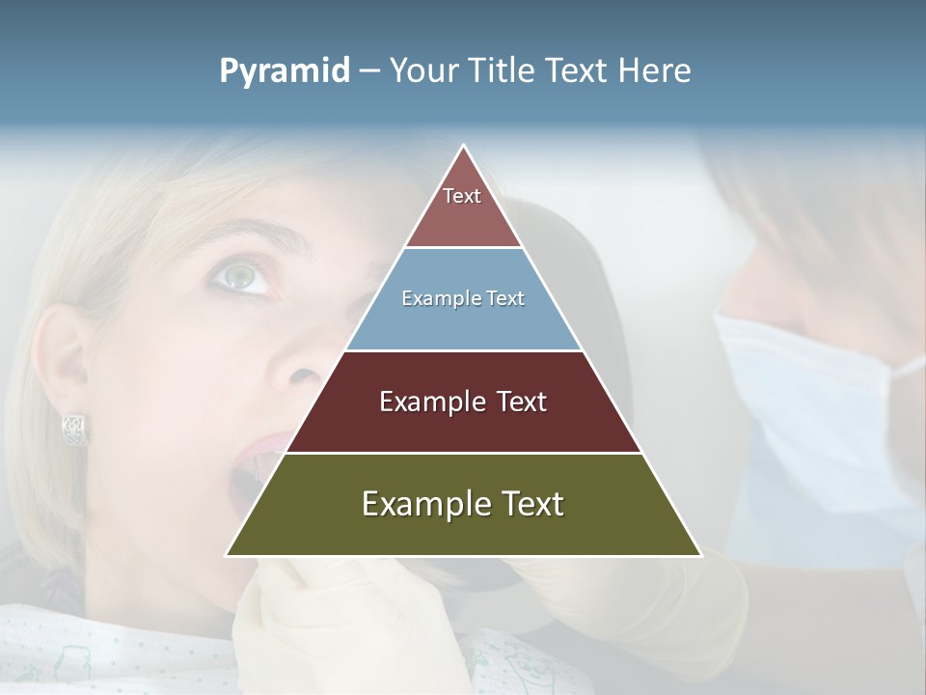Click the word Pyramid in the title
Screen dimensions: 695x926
point(284,71)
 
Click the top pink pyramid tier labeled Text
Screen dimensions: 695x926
point(463,208)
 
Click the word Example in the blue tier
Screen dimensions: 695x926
point(432,299)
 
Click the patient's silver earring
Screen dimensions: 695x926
point(75,429)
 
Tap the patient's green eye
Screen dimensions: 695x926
point(240,276)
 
